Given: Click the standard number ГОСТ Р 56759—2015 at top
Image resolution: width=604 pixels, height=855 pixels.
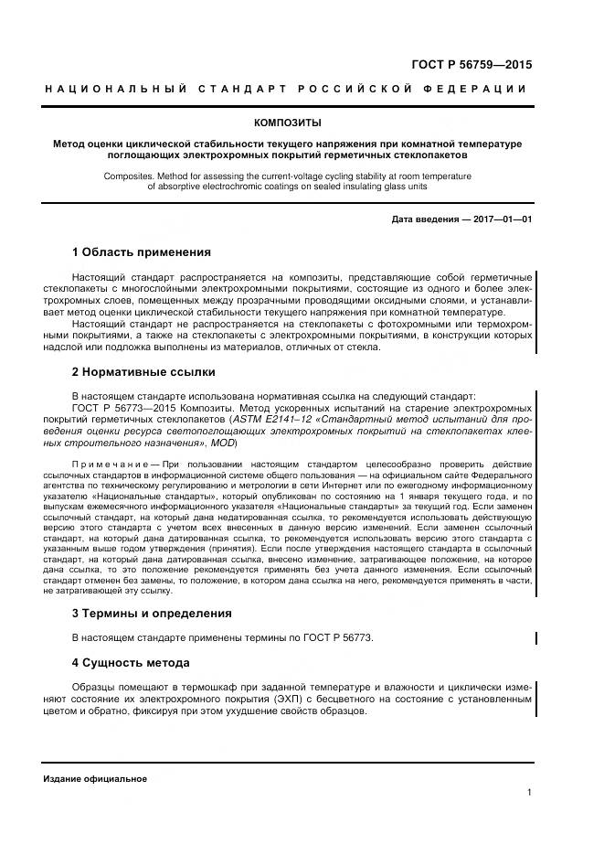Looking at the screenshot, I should point(472,65).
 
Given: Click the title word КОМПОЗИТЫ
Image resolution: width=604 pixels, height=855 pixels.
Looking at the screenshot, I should point(287,123).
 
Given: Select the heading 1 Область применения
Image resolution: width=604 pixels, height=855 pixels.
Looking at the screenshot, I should point(141,251).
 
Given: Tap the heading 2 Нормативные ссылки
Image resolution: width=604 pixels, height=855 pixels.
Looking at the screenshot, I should point(143,372).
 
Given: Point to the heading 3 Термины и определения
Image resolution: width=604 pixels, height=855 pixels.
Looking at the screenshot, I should point(152,613).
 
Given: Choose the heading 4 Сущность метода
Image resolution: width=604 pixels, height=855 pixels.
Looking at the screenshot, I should point(131,661).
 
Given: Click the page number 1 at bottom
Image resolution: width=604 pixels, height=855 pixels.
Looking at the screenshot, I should point(529,793).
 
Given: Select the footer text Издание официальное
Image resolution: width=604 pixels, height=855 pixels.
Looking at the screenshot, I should point(95,778).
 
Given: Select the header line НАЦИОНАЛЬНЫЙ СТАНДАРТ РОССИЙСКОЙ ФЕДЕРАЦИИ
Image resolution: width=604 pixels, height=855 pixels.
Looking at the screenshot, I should point(286,89).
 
